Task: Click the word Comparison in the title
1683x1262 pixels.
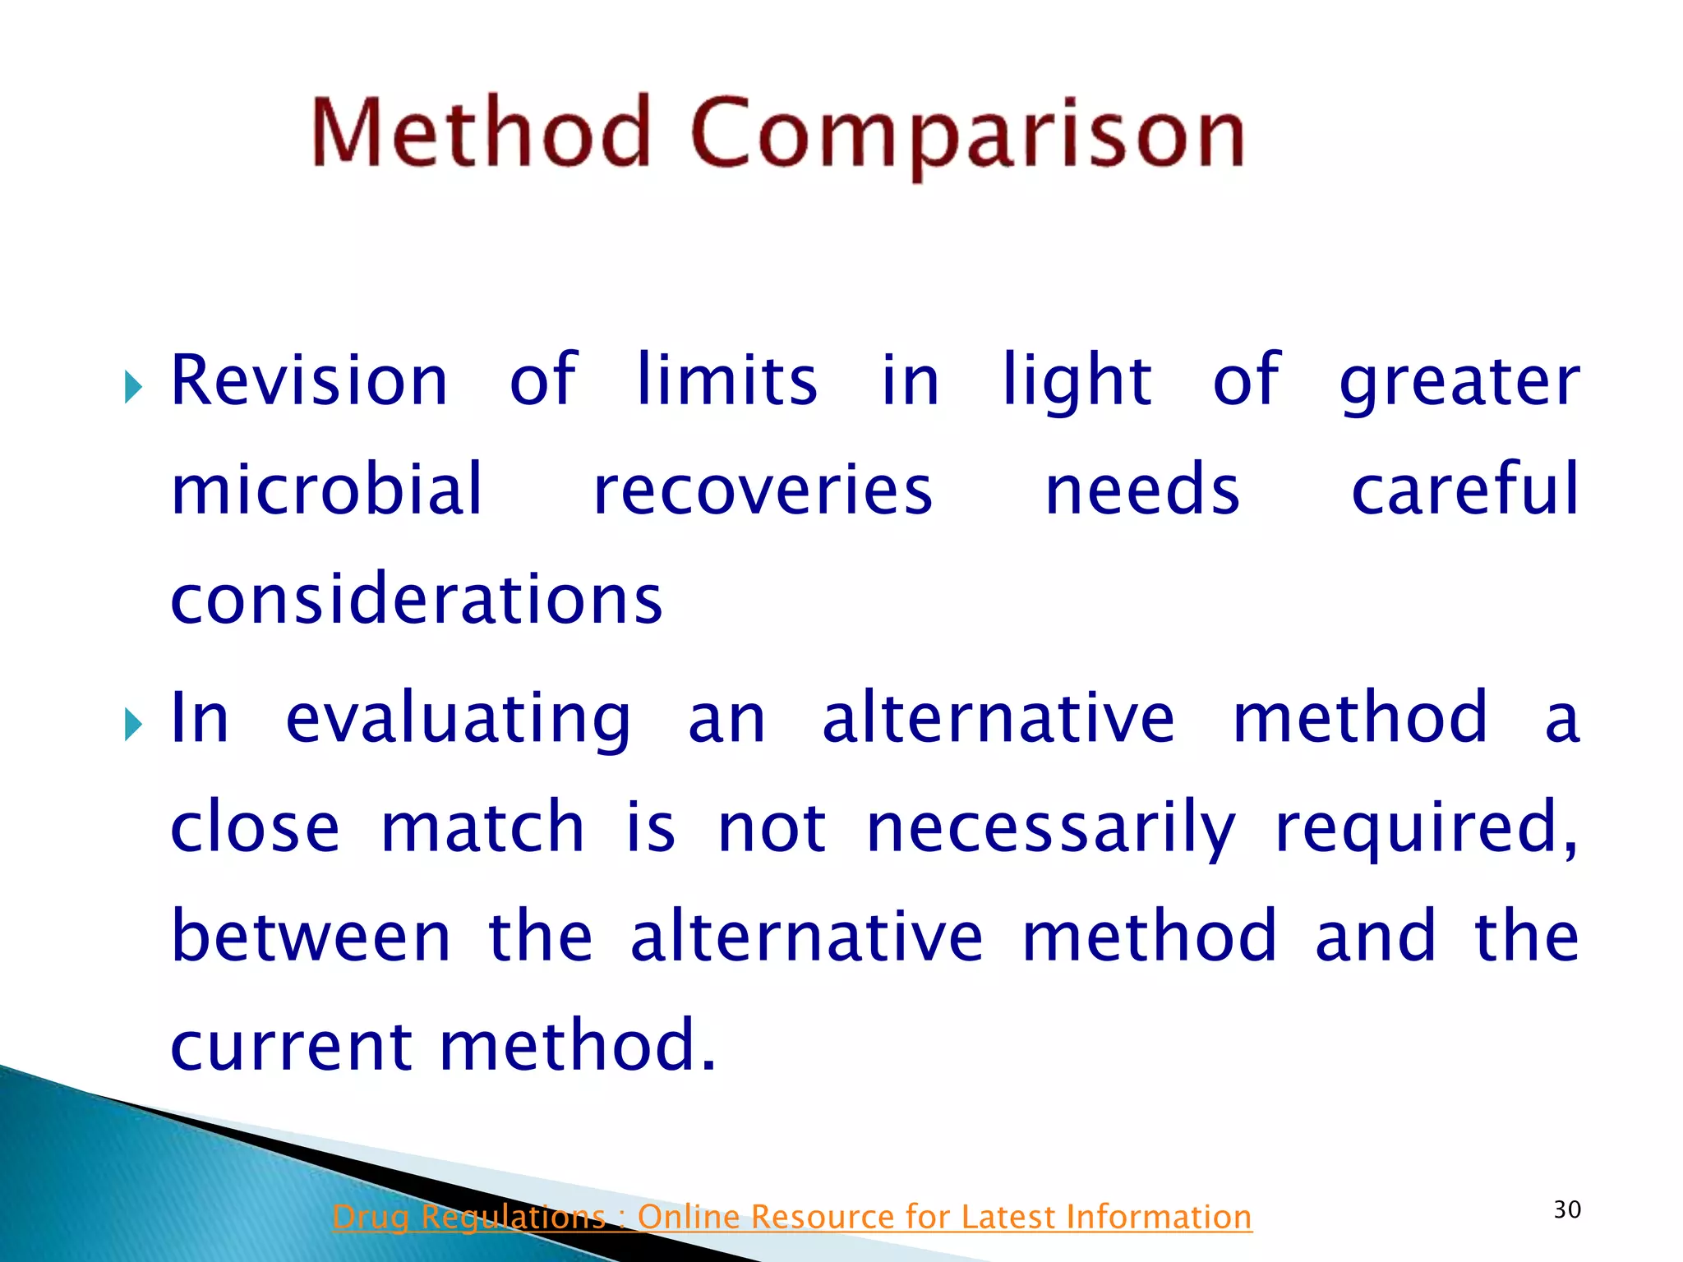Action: pos(967,136)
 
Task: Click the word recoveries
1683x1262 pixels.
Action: pos(763,491)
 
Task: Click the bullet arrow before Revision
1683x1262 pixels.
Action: pos(133,386)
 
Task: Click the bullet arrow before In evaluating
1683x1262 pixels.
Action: pos(133,724)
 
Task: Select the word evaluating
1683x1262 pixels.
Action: pos(458,720)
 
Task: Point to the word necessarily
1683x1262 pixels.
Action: pos(1051,828)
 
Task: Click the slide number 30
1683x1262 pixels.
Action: pos(1567,1209)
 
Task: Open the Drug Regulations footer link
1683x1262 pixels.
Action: pos(791,1217)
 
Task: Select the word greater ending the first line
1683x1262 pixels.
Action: pos(1459,383)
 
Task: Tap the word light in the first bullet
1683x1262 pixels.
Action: pos(1077,381)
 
